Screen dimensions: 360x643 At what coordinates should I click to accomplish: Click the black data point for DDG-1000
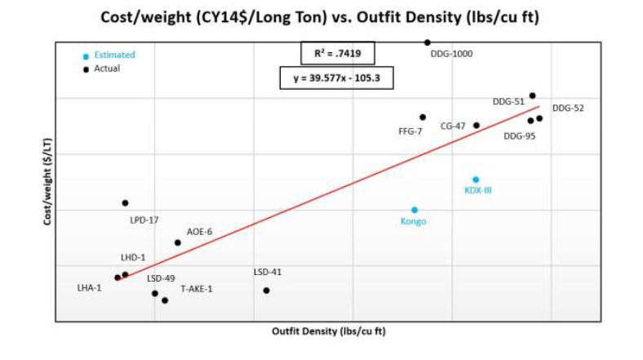coord(427,42)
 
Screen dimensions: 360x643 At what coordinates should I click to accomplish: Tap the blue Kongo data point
coord(415,210)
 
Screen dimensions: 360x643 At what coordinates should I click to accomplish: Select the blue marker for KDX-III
coord(476,180)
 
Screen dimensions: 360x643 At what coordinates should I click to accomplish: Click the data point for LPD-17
coord(125,202)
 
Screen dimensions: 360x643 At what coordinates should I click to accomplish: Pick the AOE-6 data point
coord(178,242)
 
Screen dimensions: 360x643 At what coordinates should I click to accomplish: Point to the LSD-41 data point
coord(266,291)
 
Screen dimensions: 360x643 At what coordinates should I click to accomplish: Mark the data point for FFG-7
coord(423,118)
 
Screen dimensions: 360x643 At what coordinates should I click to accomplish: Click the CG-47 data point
coord(477,125)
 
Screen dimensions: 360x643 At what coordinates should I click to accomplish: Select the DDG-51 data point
coord(533,96)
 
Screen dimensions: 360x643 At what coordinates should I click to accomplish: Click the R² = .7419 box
coord(338,54)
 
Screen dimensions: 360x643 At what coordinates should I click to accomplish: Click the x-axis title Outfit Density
coord(329,331)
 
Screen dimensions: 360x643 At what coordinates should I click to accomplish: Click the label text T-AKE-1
coord(197,288)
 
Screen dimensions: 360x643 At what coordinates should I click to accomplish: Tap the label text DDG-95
coord(519,136)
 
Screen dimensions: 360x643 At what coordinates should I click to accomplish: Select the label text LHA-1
coord(89,288)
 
